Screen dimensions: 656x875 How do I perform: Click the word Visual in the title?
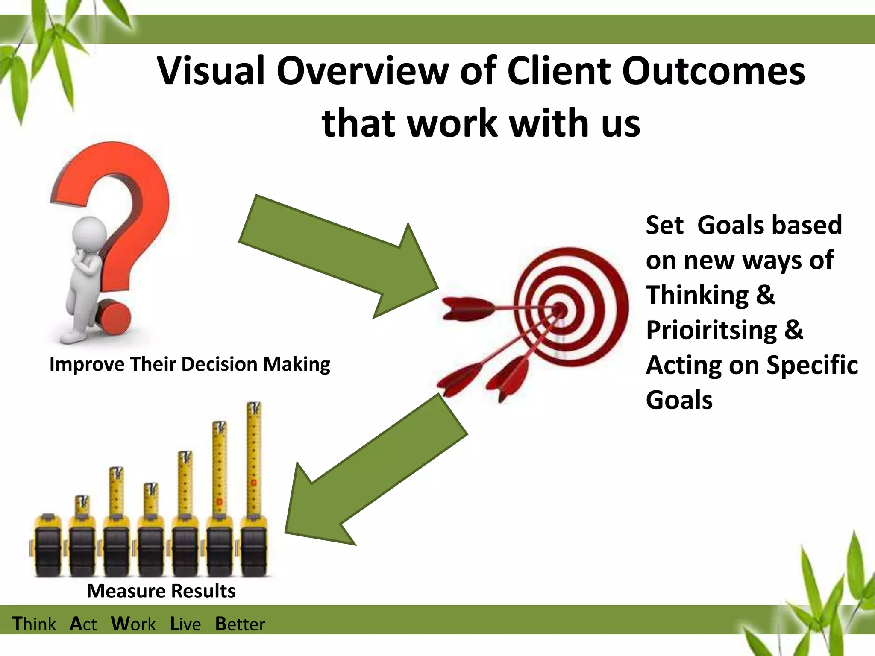pos(212,71)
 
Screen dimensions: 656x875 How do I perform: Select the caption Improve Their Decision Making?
pos(190,364)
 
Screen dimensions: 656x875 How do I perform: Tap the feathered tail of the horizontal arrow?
pos(466,308)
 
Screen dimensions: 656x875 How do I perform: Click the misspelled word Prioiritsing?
pos(711,330)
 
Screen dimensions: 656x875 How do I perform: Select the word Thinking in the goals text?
pos(697,295)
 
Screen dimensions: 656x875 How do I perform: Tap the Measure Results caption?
pos(161,591)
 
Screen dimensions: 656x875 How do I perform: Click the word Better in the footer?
pos(240,624)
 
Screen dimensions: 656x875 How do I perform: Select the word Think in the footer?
pos(34,624)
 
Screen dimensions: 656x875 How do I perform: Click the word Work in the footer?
pos(133,624)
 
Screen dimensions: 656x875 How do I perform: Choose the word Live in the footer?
pos(185,624)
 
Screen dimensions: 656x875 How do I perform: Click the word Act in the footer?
pos(83,624)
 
